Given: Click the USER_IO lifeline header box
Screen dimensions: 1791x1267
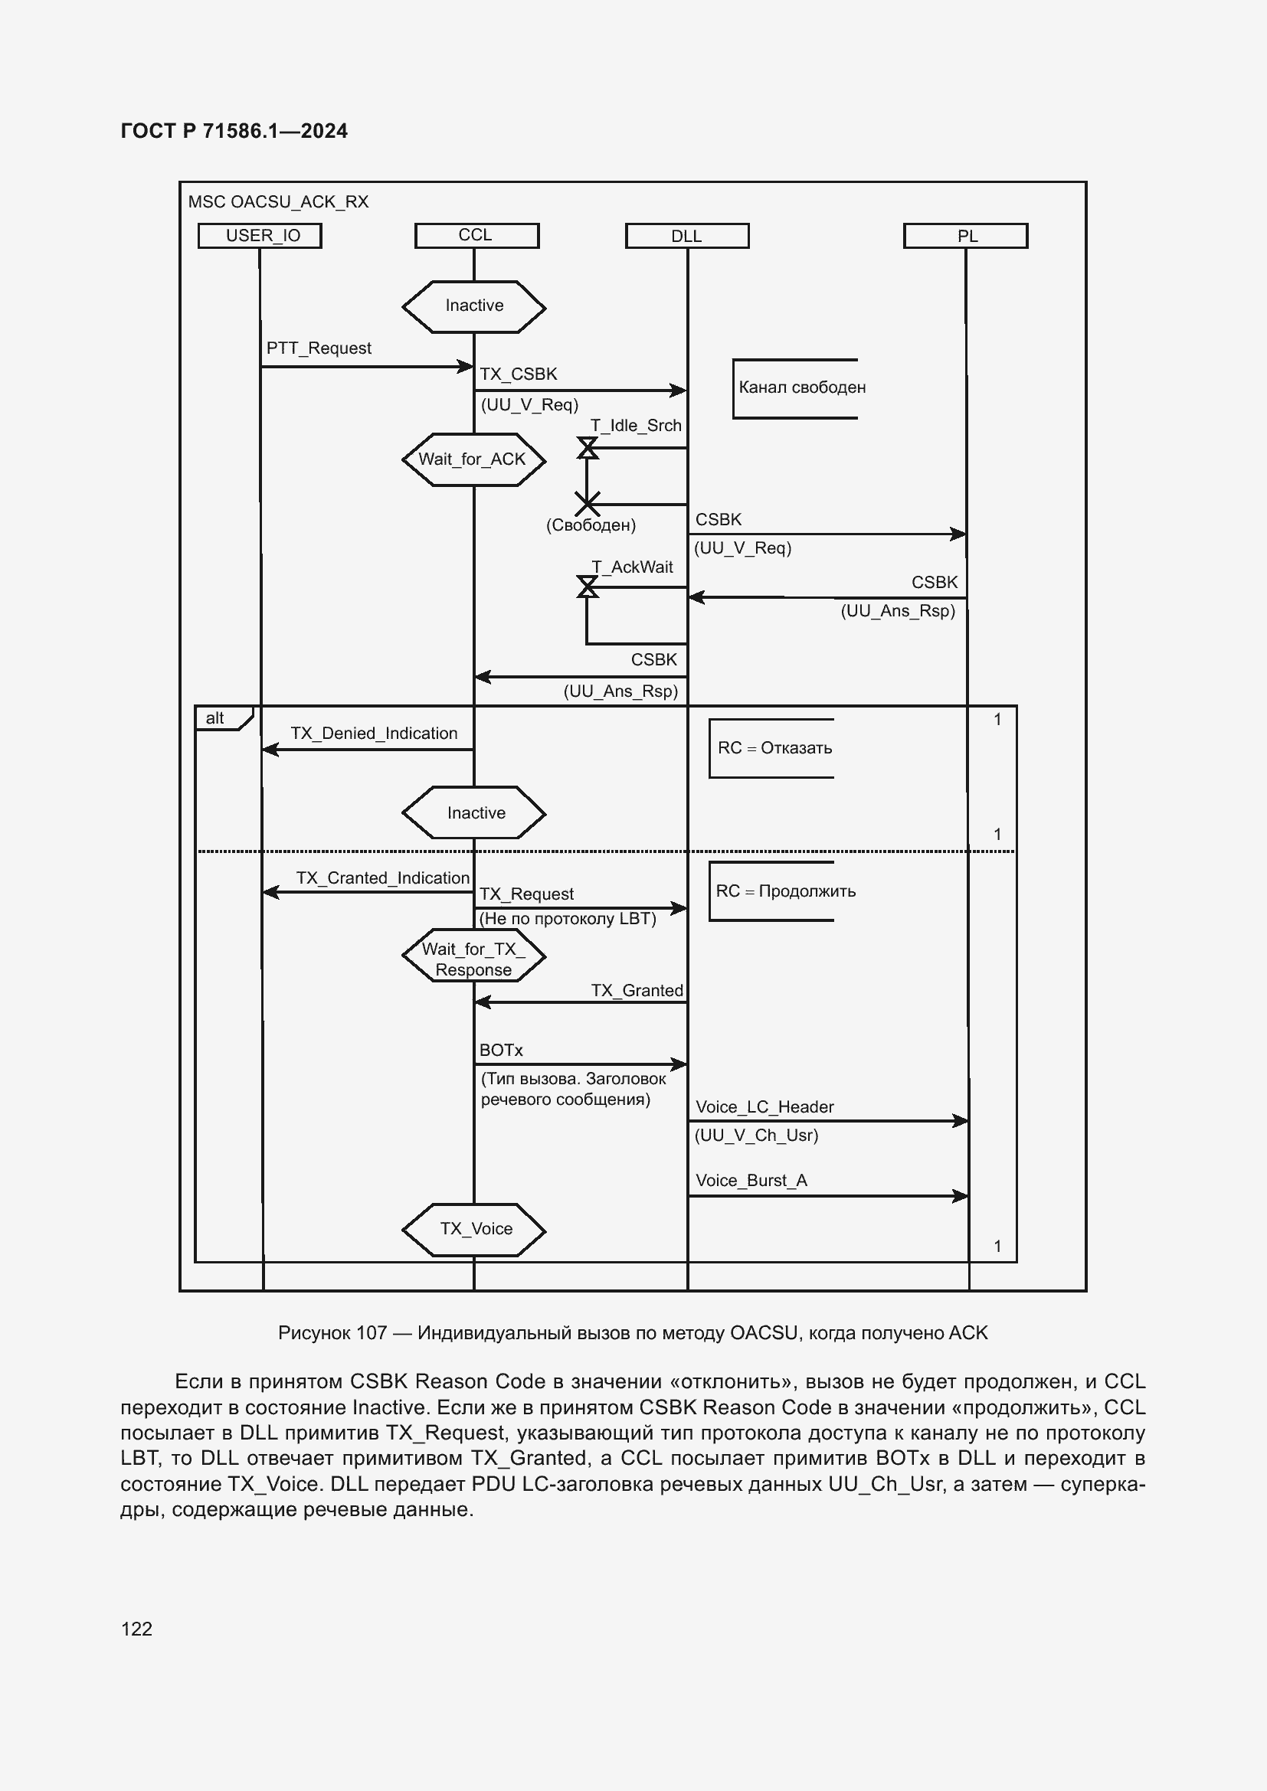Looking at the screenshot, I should [x=260, y=236].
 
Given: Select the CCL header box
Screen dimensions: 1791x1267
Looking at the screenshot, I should [x=476, y=236].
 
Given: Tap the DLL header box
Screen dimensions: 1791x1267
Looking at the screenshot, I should [x=686, y=236].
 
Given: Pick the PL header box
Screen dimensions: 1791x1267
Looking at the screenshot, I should [x=965, y=236].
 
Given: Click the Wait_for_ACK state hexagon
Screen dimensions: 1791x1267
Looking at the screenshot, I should [x=473, y=459].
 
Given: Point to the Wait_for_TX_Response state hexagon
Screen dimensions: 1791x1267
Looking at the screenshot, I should [x=473, y=959].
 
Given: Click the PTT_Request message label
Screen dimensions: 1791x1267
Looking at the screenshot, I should [x=319, y=348].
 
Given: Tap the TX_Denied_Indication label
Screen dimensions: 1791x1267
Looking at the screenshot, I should [x=374, y=734].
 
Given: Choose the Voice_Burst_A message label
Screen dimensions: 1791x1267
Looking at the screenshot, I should [x=751, y=1180].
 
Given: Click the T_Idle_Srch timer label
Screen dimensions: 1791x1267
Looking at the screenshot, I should [x=636, y=425].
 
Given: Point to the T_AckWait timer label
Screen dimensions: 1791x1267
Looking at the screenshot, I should [x=632, y=567].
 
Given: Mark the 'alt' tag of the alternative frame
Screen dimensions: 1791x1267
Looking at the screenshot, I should [x=215, y=718].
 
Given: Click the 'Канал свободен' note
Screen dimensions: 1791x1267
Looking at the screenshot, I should [x=801, y=387].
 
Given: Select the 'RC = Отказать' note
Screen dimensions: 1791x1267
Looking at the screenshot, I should [x=774, y=748].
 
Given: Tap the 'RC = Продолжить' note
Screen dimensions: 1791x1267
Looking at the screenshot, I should [x=785, y=891].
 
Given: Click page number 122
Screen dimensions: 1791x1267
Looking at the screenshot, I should [x=136, y=1628].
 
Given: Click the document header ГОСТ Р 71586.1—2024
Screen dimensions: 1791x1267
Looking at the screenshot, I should [x=234, y=131].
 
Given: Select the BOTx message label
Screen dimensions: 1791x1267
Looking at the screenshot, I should [x=501, y=1050].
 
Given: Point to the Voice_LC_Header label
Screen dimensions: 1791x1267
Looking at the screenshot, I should [x=764, y=1107].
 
